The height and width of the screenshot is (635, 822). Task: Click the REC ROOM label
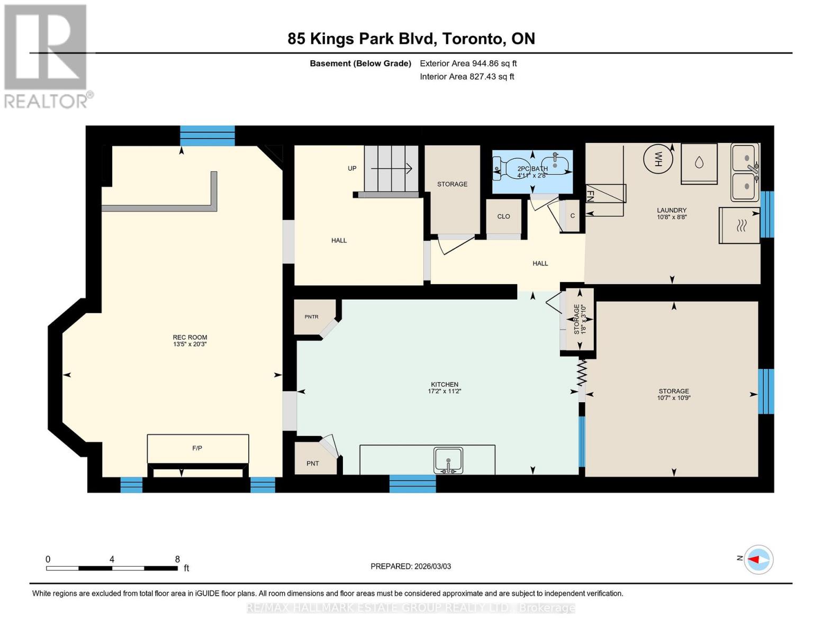[x=189, y=337]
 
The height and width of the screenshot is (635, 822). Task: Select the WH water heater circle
[x=658, y=158]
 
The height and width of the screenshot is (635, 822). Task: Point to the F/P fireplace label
[x=197, y=448]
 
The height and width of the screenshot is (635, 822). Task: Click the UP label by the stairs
[x=352, y=168]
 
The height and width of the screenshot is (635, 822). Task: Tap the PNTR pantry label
[x=311, y=317]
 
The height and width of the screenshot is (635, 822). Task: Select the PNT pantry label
[x=312, y=464]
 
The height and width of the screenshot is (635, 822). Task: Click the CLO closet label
[x=503, y=216]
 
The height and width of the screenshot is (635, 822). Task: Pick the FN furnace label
[x=591, y=195]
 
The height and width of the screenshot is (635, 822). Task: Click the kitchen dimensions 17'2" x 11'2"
[x=444, y=392]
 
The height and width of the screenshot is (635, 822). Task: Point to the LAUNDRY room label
[x=672, y=210]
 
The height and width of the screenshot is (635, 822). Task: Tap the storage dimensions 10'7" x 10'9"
[x=673, y=398]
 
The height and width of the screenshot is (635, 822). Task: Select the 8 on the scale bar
[x=177, y=559]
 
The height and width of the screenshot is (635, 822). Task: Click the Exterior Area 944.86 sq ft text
[x=468, y=63]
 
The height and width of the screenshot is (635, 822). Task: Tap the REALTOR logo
[x=46, y=56]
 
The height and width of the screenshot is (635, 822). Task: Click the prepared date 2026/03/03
[x=431, y=566]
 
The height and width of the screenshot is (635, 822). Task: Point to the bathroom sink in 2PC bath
[x=558, y=164]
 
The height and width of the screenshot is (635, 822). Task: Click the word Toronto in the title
[x=473, y=39]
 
